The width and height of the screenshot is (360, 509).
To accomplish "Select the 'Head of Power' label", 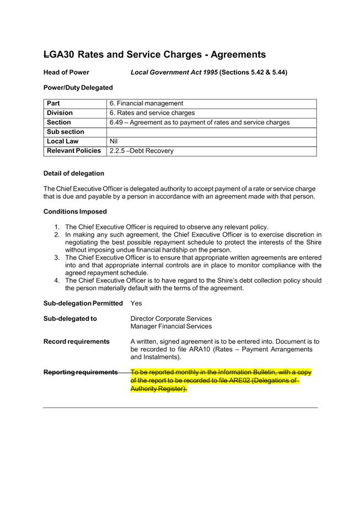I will pyautogui.click(x=66, y=72).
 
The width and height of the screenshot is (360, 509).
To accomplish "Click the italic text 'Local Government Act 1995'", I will pyautogui.click(x=174, y=72).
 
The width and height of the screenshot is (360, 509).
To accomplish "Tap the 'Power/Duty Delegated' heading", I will pyautogui.click(x=78, y=87).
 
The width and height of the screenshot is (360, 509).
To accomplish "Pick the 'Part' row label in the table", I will pyautogui.click(x=53, y=104).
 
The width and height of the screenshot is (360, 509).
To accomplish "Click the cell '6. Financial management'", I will pyautogui.click(x=146, y=104).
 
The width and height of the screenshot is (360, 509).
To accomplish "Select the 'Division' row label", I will pyautogui.click(x=60, y=113).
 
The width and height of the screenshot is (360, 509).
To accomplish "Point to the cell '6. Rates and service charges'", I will pyautogui.click(x=152, y=113).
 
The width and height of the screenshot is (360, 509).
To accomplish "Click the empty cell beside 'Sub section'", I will pyautogui.click(x=211, y=132).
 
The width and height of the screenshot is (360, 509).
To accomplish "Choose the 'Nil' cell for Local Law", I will pyautogui.click(x=114, y=142).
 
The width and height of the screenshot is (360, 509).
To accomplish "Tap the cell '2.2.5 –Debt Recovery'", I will pyautogui.click(x=141, y=151).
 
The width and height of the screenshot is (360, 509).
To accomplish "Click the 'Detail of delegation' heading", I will pyautogui.click(x=73, y=173).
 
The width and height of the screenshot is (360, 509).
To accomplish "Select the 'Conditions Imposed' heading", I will pyautogui.click(x=75, y=211).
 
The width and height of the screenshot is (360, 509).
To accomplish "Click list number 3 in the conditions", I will pyautogui.click(x=57, y=258).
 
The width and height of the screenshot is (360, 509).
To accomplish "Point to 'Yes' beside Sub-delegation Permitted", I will pyautogui.click(x=136, y=303).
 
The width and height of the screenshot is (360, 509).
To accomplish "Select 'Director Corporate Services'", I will pyautogui.click(x=171, y=318).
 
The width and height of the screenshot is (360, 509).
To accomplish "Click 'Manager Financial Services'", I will pyautogui.click(x=171, y=326).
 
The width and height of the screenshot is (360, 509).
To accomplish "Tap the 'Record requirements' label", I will pyautogui.click(x=76, y=341).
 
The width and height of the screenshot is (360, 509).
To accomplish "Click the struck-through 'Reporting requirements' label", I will pyautogui.click(x=80, y=372).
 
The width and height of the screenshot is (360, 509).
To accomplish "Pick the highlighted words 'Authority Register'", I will pyautogui.click(x=158, y=389).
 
